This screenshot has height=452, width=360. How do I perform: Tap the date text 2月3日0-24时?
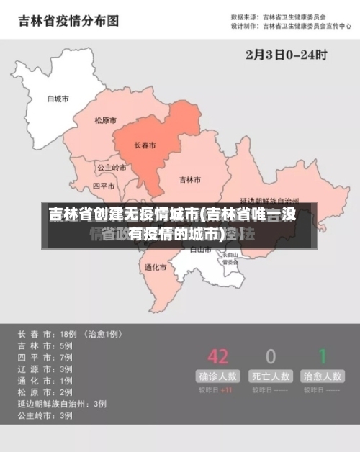tap(287, 54)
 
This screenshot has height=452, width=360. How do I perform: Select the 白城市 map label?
tap(57, 99)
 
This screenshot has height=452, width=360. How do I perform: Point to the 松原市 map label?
tap(105, 120)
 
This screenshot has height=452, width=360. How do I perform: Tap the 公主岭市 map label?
tap(112, 168)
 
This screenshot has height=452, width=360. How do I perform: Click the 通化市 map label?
tap(155, 267)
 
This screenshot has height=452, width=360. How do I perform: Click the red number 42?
tap(217, 356)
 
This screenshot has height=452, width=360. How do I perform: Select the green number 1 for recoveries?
tap(323, 356)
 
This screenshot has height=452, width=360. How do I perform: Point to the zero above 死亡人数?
tap(271, 356)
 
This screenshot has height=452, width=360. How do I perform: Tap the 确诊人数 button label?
tap(219, 376)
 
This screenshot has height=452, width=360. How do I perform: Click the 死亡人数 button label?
tap(271, 376)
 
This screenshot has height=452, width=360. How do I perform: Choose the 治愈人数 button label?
tap(323, 376)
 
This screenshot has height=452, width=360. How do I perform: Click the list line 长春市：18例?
tap(70, 334)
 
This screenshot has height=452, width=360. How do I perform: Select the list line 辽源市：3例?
tap(45, 369)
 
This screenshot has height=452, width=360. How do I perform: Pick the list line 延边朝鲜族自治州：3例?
tap(62, 403)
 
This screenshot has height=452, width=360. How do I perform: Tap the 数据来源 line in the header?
tap(278, 16)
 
